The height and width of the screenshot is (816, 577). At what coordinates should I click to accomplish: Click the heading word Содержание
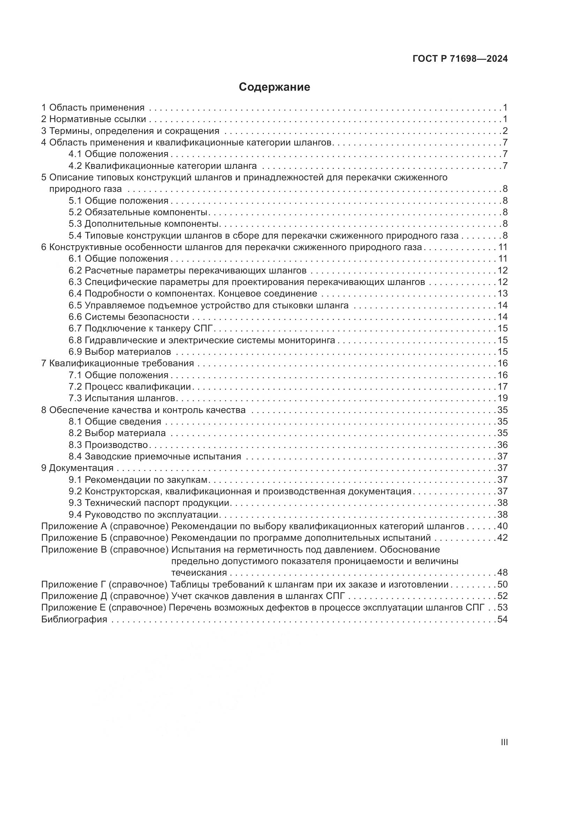click(x=274, y=87)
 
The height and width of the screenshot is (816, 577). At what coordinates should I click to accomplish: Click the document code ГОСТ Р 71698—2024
click(x=460, y=59)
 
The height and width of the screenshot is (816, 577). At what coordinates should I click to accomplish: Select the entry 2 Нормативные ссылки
click(x=94, y=119)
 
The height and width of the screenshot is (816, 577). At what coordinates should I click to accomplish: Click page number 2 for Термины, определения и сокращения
click(x=505, y=131)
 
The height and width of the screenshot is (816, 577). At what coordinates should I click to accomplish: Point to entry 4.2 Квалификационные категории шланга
click(x=162, y=166)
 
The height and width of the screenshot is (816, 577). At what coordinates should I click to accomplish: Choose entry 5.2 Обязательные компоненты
click(x=138, y=212)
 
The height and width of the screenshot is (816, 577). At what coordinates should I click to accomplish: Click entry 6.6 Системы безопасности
click(x=129, y=317)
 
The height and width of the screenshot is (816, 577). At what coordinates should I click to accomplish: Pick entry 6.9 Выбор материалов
click(x=120, y=352)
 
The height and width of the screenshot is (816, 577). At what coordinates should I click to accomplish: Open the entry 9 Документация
click(x=77, y=468)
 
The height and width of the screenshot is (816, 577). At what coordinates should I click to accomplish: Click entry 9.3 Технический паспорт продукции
click(x=149, y=502)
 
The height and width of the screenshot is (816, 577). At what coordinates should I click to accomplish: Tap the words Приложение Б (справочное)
click(x=104, y=537)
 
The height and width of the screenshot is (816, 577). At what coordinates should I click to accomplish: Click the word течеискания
click(x=199, y=572)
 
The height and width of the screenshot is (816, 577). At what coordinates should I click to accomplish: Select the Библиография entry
click(x=74, y=619)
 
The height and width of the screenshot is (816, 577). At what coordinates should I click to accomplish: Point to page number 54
click(x=502, y=619)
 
